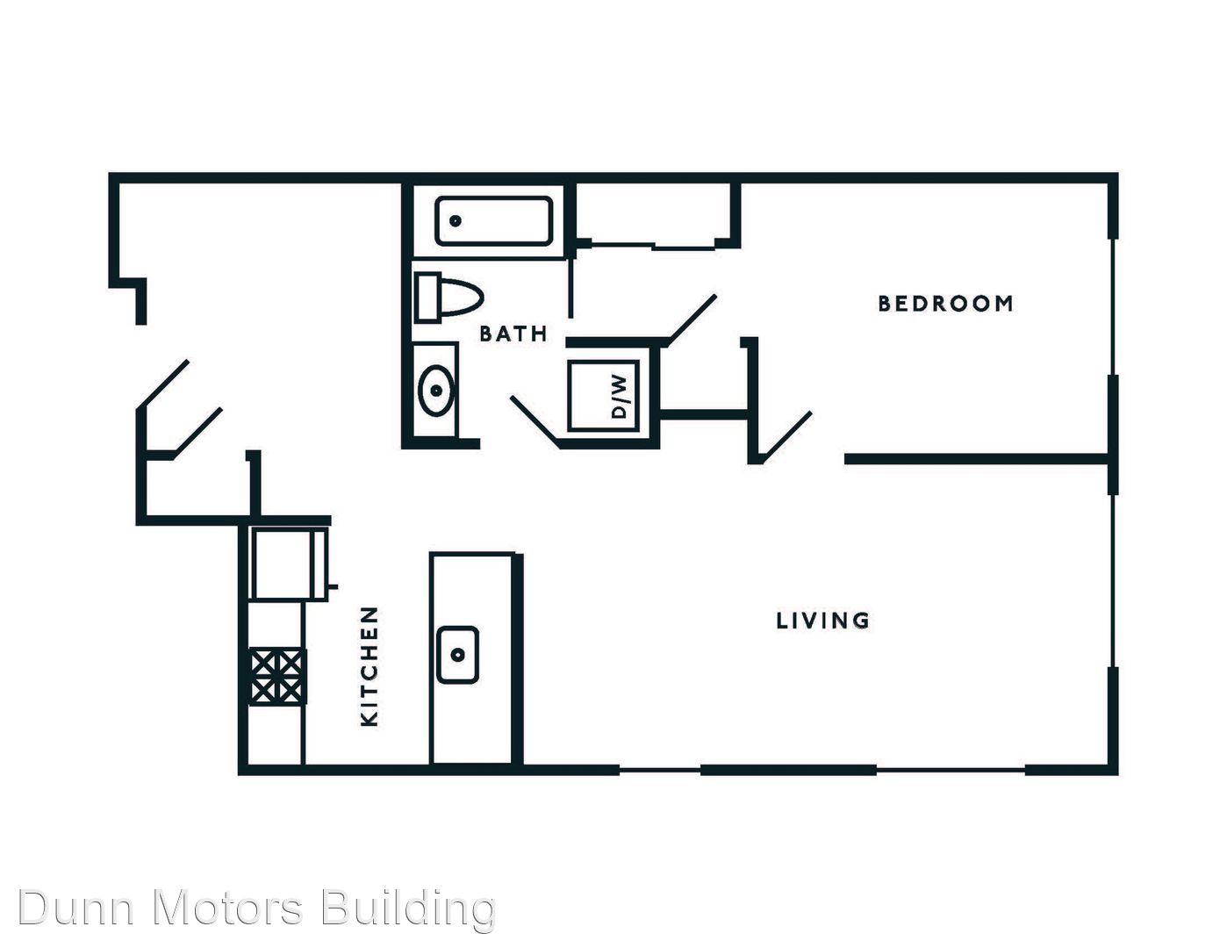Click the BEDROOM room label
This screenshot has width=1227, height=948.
pyautogui.click(x=946, y=304)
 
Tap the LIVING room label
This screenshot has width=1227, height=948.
pyautogui.click(x=822, y=621)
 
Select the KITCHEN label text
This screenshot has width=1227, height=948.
pyautogui.click(x=370, y=666)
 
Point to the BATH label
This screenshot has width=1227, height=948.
pyautogui.click(x=513, y=334)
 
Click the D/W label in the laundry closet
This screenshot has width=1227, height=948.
pyautogui.click(x=620, y=397)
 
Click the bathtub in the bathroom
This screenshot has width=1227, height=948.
pyautogui.click(x=493, y=221)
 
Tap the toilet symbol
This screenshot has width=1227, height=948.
pyautogui.click(x=448, y=298)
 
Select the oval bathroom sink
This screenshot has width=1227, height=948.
pyautogui.click(x=436, y=390)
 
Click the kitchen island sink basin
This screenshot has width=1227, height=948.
pyautogui.click(x=458, y=655)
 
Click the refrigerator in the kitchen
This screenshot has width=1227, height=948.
pyautogui.click(x=290, y=564)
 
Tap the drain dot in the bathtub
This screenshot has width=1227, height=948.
pyautogui.click(x=456, y=221)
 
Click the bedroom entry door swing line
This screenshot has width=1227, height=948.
pyautogui.click(x=786, y=438)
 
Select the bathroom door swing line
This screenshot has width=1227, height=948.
pyautogui.click(x=535, y=422)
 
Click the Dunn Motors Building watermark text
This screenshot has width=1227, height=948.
pyautogui.click(x=257, y=908)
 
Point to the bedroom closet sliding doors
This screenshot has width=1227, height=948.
pyautogui.click(x=653, y=246)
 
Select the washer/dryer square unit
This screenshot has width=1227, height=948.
pyautogui.click(x=604, y=396)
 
